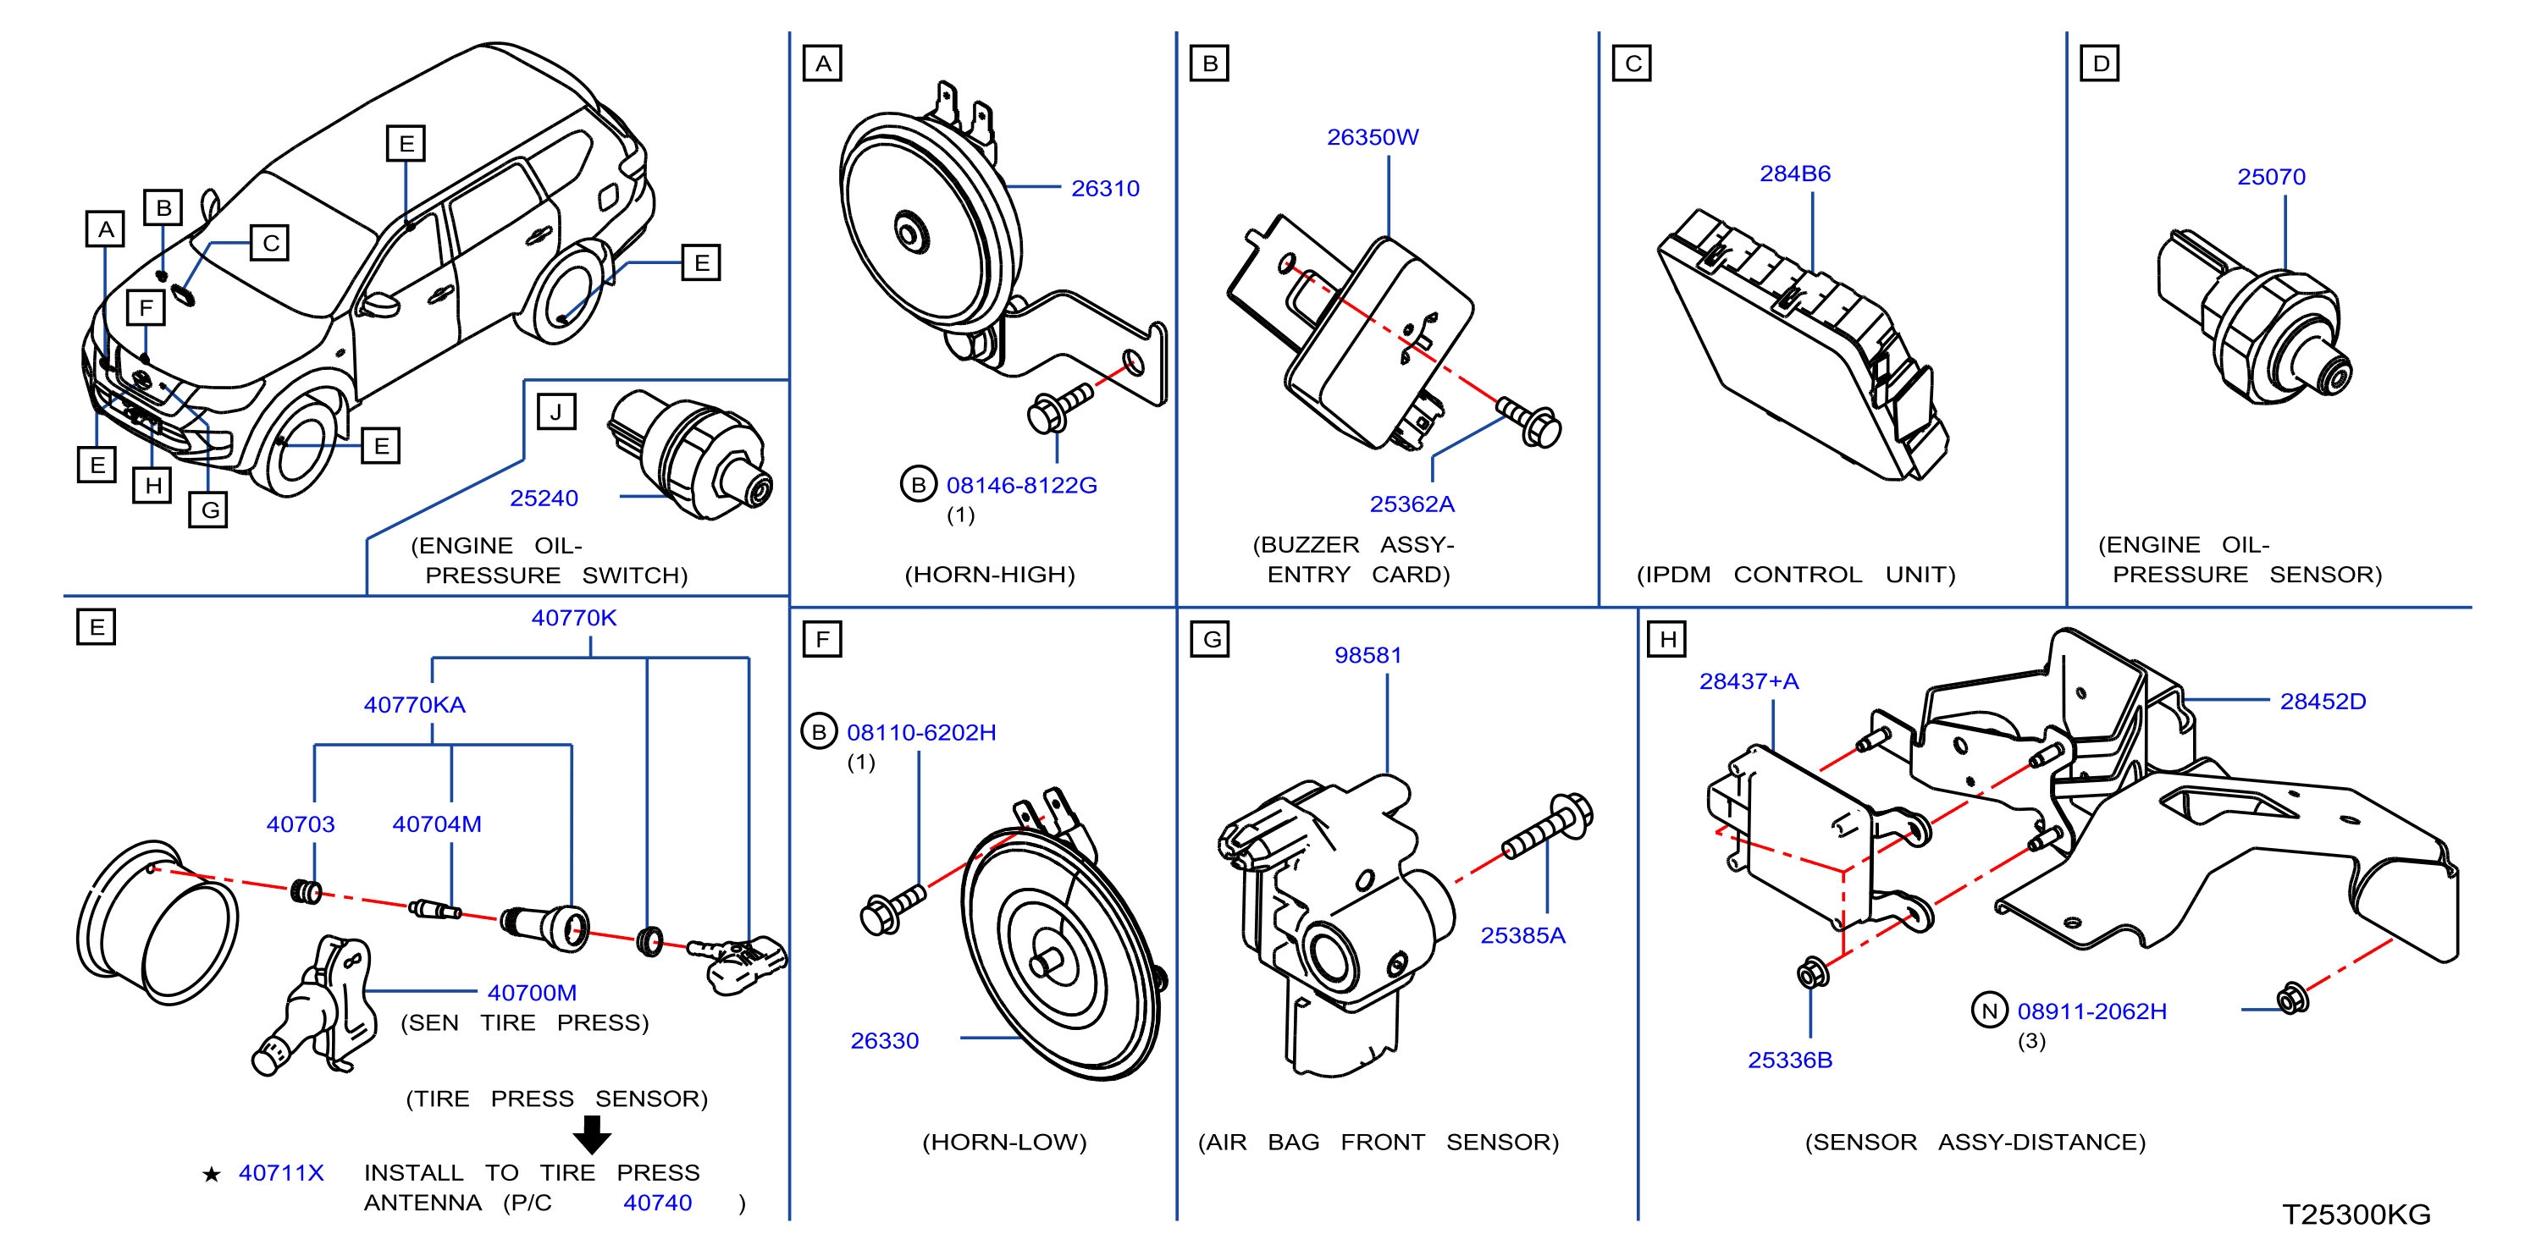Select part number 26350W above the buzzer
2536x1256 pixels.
click(x=1373, y=137)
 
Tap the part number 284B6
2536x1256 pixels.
click(x=1795, y=174)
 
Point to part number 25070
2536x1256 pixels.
click(x=2271, y=176)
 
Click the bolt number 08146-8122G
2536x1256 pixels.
click(x=1021, y=485)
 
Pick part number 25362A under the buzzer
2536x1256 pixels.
click(x=1412, y=504)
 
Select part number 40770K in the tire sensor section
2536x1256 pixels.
click(x=574, y=618)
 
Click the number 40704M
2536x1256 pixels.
click(x=437, y=824)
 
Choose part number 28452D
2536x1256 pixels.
click(x=2323, y=701)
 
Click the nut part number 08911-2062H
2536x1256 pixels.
click(x=2092, y=1011)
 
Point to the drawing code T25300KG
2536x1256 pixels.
click(x=2356, y=1214)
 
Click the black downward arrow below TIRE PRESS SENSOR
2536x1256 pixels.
click(x=592, y=1134)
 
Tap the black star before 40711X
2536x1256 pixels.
click(x=211, y=1173)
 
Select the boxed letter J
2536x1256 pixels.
click(x=556, y=411)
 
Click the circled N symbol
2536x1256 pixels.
click(x=1989, y=1011)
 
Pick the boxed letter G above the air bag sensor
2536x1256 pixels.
click(x=1210, y=639)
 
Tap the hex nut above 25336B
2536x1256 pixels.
click(x=1812, y=973)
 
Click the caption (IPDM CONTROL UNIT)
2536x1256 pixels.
click(x=1796, y=575)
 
